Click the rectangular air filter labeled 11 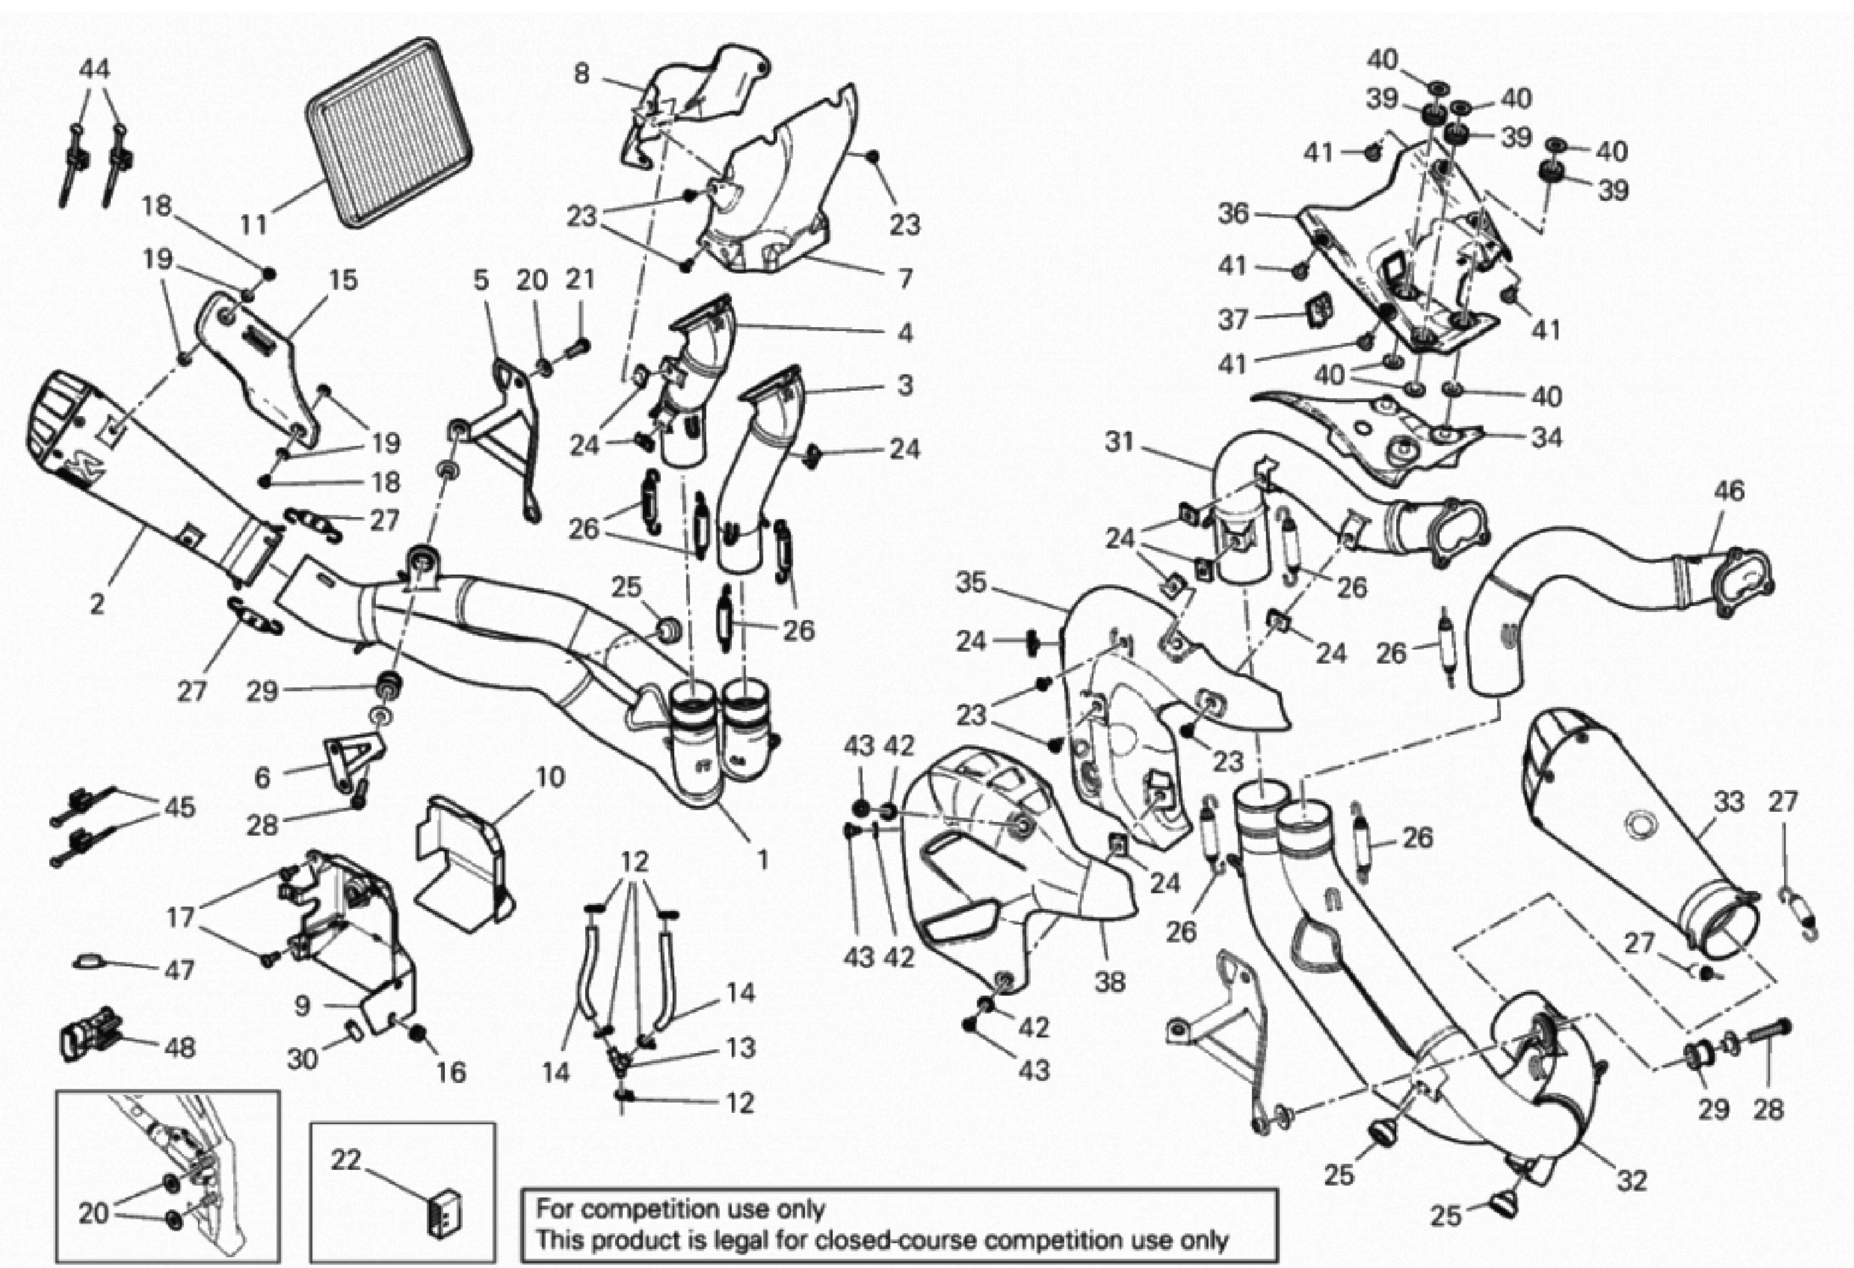389,132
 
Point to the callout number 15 343,280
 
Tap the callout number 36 1233,214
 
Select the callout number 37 1233,319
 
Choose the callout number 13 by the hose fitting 740,1048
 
